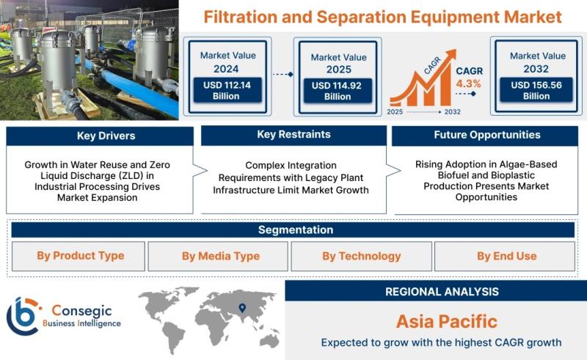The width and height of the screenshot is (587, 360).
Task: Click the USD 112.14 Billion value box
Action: (227, 90)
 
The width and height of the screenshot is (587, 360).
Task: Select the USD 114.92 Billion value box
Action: (338, 91)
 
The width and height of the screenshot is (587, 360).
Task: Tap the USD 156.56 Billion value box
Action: (536, 89)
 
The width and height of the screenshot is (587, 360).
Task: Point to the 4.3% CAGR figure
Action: (468, 84)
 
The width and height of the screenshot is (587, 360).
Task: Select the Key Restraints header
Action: (293, 135)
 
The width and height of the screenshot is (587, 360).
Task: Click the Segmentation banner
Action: (293, 229)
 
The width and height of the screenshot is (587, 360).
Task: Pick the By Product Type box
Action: (79, 256)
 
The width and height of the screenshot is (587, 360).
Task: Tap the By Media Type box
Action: (218, 257)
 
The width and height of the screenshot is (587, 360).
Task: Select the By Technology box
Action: (361, 257)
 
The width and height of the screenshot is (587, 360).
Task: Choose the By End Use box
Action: (505, 257)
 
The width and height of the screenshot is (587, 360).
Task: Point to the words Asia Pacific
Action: (447, 321)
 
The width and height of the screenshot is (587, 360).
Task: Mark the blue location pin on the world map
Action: (242, 308)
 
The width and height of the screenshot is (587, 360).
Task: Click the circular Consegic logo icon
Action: (23, 316)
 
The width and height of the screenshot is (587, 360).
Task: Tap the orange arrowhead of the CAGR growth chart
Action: (451, 55)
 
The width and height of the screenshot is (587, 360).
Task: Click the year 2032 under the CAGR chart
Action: (452, 111)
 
